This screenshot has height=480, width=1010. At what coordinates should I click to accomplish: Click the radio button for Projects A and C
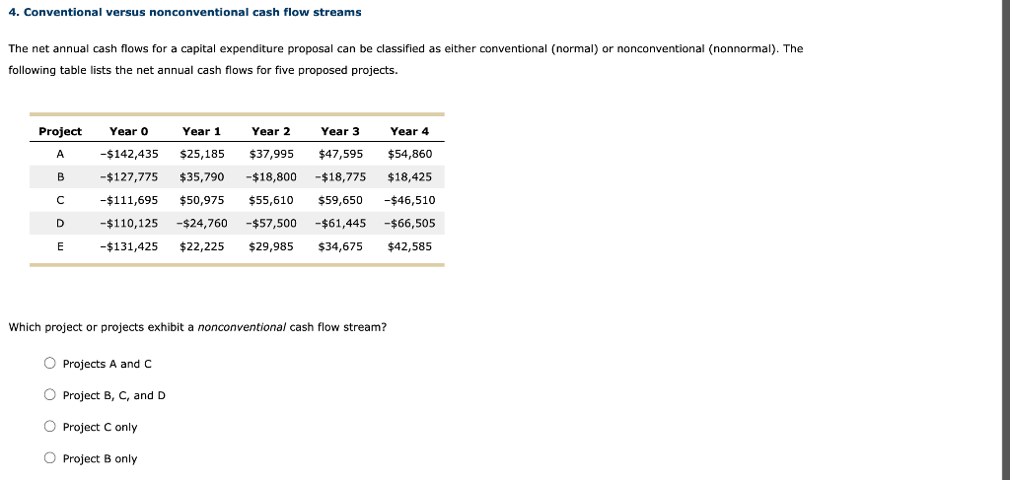click(x=49, y=364)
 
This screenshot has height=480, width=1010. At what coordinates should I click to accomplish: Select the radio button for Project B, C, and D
click(x=49, y=395)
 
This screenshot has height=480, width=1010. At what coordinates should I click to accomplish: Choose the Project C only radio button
click(x=49, y=427)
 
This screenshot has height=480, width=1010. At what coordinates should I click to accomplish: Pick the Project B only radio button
click(x=49, y=458)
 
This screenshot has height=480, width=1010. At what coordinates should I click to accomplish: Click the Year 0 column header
click(x=128, y=131)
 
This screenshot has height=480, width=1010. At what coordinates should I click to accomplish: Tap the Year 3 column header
click(x=340, y=131)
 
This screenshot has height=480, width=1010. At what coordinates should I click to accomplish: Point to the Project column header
click(x=60, y=131)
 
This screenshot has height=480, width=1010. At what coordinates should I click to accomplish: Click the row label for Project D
click(x=60, y=223)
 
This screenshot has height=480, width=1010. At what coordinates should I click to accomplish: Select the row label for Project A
click(x=60, y=154)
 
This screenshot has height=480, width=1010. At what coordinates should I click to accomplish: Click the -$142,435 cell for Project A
click(x=129, y=154)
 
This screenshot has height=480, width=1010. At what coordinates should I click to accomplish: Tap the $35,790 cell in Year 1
click(x=201, y=177)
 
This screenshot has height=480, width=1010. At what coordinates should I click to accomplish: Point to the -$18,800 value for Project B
click(x=270, y=177)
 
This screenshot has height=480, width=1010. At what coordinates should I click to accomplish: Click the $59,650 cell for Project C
click(x=340, y=200)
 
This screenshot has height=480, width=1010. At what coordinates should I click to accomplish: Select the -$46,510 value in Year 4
click(x=409, y=200)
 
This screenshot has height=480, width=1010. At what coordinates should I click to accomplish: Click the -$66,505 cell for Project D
click(x=409, y=223)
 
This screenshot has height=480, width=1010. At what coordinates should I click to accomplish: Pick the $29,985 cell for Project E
click(x=271, y=246)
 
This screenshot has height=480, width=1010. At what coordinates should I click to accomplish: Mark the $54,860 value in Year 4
click(x=409, y=154)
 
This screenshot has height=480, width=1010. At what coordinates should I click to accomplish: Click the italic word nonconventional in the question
click(x=242, y=327)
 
